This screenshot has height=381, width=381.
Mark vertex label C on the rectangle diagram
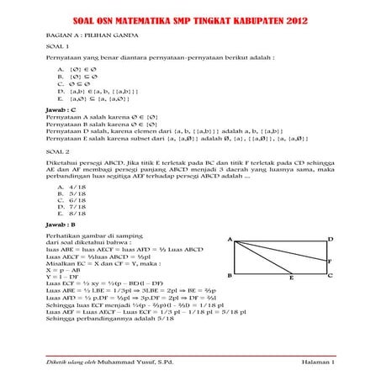click(x=331, y=274)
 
